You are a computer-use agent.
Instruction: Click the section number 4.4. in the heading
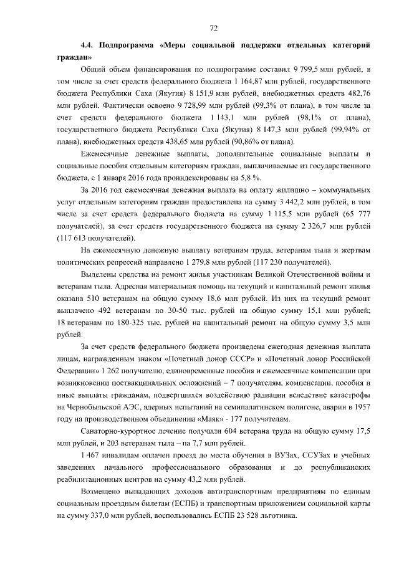[x=88, y=46]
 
